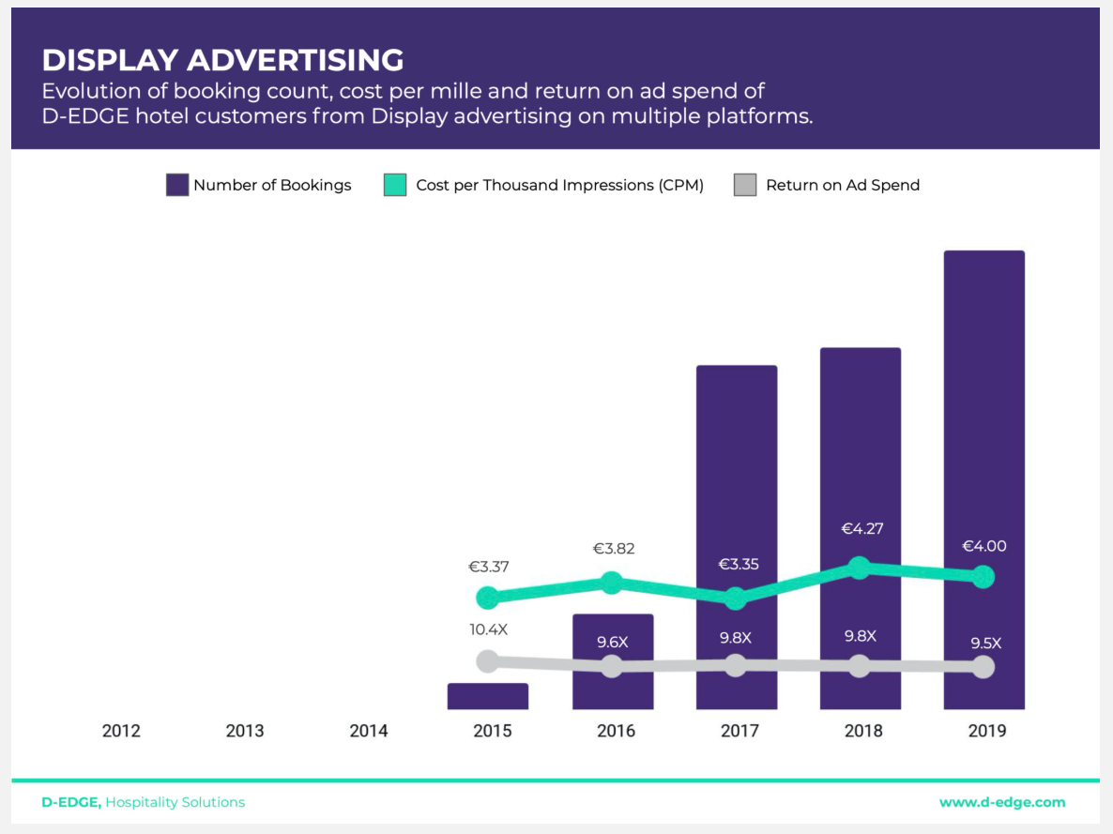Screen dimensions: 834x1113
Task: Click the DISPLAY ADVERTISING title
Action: [222, 60]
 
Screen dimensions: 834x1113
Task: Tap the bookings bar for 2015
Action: [488, 696]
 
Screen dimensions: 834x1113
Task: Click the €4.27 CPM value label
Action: [862, 529]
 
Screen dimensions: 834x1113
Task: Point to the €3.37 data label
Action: [489, 567]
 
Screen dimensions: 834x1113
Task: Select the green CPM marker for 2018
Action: [859, 567]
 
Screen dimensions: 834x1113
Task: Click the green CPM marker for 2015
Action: [488, 597]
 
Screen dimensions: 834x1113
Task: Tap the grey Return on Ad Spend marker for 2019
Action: [983, 667]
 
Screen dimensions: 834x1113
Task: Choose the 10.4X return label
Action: [489, 629]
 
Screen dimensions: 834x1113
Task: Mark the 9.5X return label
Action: [985, 644]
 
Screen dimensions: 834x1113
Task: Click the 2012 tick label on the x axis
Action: [121, 731]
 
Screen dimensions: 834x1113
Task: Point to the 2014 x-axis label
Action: [369, 731]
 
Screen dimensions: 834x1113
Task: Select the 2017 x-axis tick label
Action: [739, 731]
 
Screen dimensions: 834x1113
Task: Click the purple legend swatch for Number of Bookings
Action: [177, 185]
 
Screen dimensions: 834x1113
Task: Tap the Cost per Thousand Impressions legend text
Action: [559, 186]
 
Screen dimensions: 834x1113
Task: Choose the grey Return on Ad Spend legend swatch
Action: [745, 185]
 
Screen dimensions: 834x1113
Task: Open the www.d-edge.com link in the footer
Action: [1002, 802]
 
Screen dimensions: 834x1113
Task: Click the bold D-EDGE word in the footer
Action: [71, 802]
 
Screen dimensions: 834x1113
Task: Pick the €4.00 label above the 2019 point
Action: [984, 546]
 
